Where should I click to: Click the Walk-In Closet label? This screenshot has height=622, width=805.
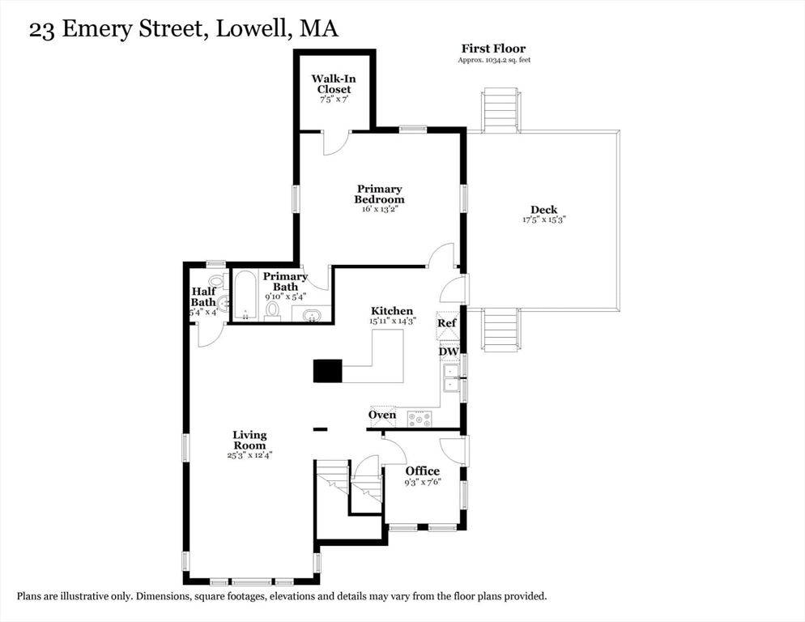(x=334, y=83)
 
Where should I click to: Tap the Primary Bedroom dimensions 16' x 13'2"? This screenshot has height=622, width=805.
(x=377, y=209)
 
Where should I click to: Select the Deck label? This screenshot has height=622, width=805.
(x=543, y=210)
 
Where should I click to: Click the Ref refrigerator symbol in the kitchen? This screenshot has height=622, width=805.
(x=447, y=326)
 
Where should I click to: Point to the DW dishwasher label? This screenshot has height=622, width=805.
(x=449, y=351)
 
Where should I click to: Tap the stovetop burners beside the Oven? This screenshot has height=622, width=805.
(x=420, y=419)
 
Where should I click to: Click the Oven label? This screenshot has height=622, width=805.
(x=382, y=415)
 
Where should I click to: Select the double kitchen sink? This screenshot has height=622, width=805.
(x=451, y=378)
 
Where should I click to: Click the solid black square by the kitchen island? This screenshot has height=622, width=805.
(x=327, y=370)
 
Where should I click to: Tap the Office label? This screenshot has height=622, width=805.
(x=423, y=471)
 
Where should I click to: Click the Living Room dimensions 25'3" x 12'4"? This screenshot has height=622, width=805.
(x=249, y=455)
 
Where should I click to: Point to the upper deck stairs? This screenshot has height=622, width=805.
(x=500, y=110)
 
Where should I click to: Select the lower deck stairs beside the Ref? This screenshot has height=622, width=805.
(x=500, y=330)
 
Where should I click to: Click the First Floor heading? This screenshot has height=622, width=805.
(x=493, y=49)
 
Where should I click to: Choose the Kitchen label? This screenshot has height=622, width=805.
(x=392, y=311)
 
